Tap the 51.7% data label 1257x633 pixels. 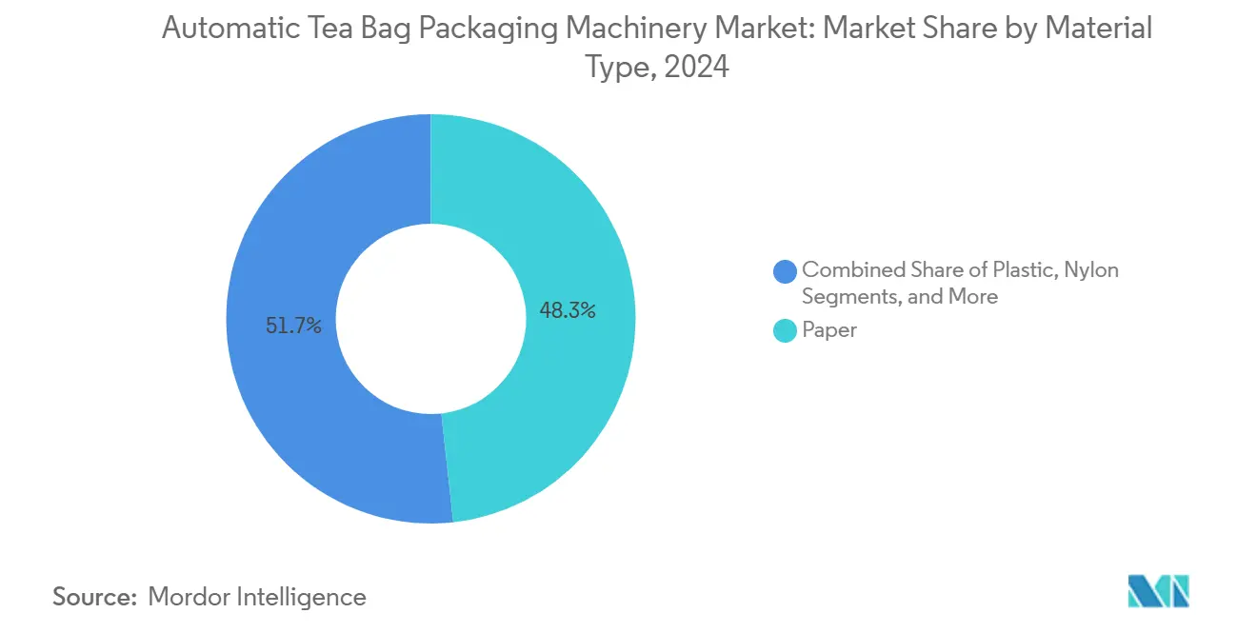[294, 326]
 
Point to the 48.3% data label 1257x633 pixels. [568, 309]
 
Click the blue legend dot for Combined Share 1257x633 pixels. [785, 271]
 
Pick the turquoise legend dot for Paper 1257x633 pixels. [785, 331]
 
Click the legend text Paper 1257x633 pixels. [829, 330]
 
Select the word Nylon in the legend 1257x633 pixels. [1090, 269]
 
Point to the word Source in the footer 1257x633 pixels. [92, 597]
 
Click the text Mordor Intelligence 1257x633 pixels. [257, 597]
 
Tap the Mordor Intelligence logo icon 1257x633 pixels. [1158, 591]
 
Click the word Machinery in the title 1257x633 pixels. [646, 29]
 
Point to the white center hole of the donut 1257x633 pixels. [431, 319]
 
